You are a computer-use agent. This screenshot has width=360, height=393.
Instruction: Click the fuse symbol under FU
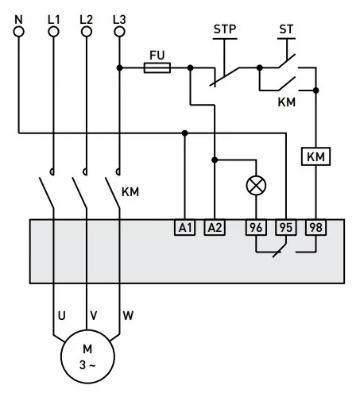pos(157,68)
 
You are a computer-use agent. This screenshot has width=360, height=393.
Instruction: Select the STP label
pos(225,29)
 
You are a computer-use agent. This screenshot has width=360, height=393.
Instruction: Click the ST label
pos(286,29)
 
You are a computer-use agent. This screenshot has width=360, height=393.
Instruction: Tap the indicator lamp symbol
pos(257,185)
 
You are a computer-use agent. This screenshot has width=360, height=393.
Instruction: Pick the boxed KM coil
pos(316,157)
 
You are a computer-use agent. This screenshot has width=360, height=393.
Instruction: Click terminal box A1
pos(184,227)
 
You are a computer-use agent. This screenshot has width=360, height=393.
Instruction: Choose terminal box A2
pos(215,227)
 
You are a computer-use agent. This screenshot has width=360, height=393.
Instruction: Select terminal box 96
pos(256,227)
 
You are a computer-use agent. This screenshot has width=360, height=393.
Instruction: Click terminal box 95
pos(285,227)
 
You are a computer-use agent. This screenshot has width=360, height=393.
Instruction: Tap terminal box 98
pos(315,227)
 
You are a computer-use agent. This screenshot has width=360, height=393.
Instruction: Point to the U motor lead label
pos(60,315)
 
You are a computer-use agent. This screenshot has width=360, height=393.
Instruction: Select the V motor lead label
pos(94,315)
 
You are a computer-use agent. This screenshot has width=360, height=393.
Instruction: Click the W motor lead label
pos(128,315)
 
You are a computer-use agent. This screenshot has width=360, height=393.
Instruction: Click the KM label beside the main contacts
pos(130,191)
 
